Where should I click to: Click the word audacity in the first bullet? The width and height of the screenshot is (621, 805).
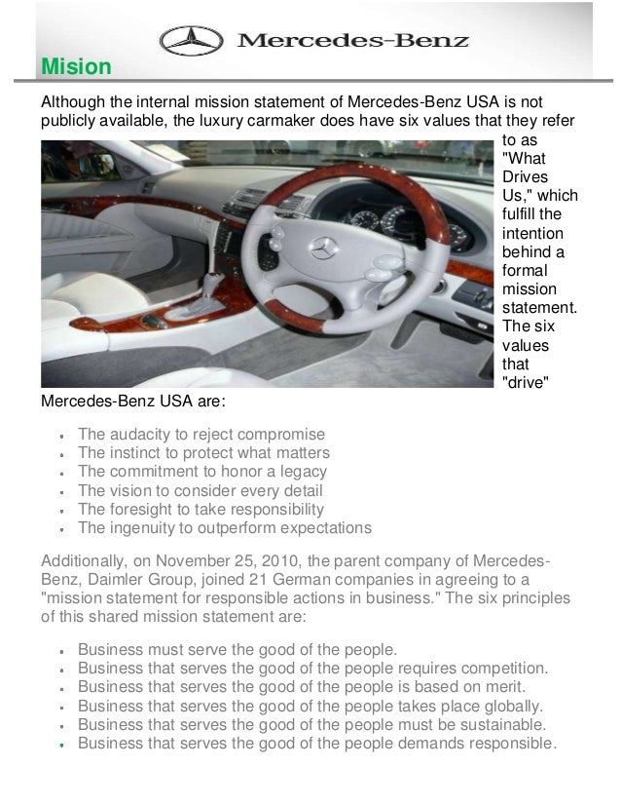[x=141, y=434]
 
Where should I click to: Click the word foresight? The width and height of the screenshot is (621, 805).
[x=140, y=510]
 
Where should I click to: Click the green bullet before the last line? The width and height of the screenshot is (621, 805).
[x=61, y=746]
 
